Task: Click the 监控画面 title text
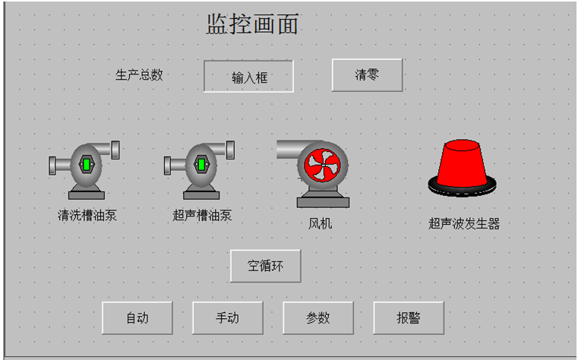click(x=252, y=24)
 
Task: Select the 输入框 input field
click(x=248, y=77)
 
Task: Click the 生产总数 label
click(x=139, y=75)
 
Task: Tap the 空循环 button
click(x=266, y=266)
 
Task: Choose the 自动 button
click(x=137, y=318)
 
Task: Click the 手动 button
click(x=227, y=318)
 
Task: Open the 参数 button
click(x=318, y=318)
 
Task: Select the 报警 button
click(x=409, y=318)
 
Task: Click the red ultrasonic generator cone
click(x=461, y=162)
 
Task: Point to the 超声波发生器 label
click(x=463, y=223)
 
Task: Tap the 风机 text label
click(x=320, y=223)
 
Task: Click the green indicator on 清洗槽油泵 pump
click(x=87, y=164)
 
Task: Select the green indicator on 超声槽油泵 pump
click(x=201, y=164)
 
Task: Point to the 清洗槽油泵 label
click(x=87, y=215)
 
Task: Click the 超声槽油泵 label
click(x=202, y=215)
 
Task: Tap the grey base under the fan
click(x=323, y=202)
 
